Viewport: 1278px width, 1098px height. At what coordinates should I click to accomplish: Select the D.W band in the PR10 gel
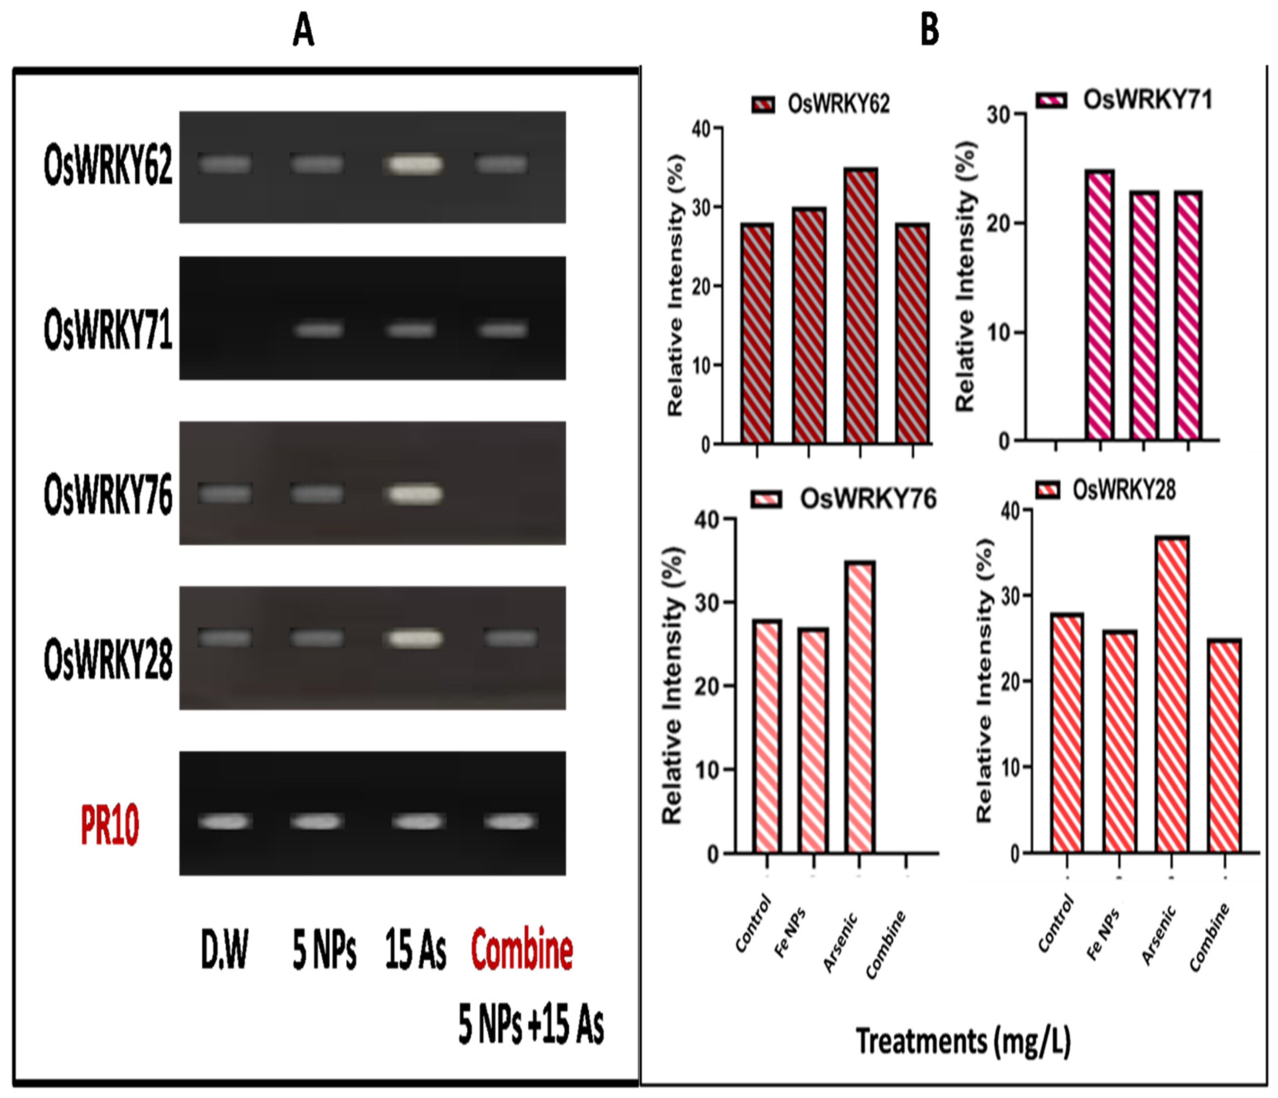click(x=225, y=822)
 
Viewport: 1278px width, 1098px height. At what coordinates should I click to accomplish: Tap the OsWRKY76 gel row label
click(x=108, y=496)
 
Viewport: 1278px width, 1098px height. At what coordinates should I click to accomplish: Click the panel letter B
click(x=930, y=30)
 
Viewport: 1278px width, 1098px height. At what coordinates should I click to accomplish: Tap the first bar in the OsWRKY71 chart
click(x=1100, y=305)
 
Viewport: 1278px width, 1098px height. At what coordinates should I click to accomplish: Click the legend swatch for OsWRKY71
click(x=1051, y=100)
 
